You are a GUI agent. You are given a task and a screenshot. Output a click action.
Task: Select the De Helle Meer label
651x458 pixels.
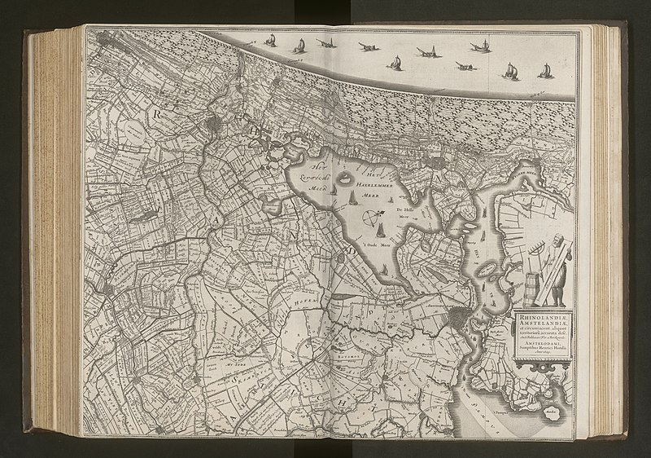pyautogui.click(x=404, y=212)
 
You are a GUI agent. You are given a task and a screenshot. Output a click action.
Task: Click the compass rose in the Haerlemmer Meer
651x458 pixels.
pyautogui.click(x=372, y=218)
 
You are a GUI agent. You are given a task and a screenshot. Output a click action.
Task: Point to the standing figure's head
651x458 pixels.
pyautogui.click(x=558, y=241)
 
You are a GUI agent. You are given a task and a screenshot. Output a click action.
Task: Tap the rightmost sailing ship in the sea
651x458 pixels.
pyautogui.click(x=511, y=73)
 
